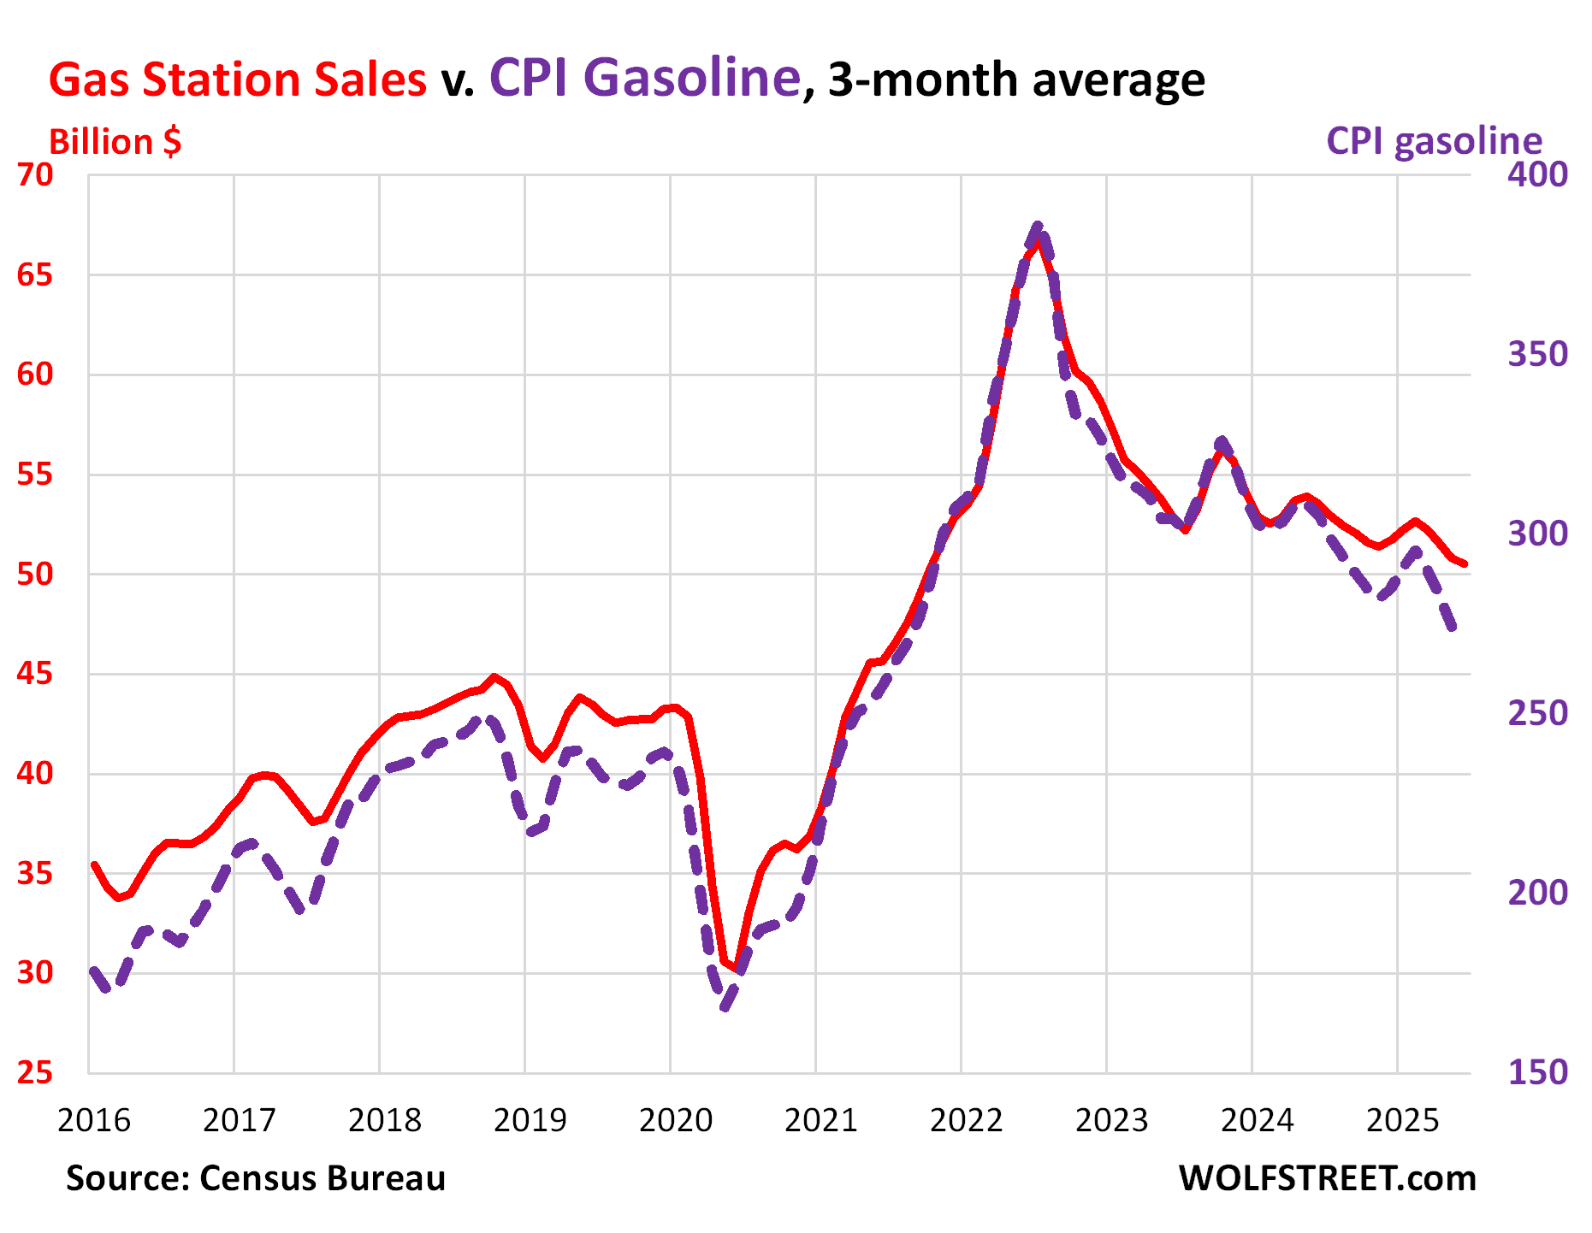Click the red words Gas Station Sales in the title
click(x=237, y=80)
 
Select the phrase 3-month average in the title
click(x=1016, y=80)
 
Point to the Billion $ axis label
click(x=115, y=142)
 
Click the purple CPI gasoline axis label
click(x=1434, y=141)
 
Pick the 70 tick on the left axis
click(x=35, y=175)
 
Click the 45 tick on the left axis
click(x=35, y=674)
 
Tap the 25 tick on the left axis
click(x=35, y=1072)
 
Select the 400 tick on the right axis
click(x=1537, y=175)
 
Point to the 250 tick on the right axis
click(x=1537, y=713)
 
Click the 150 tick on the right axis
click(x=1537, y=1072)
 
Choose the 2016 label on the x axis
click(x=94, y=1120)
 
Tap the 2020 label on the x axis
click(x=676, y=1120)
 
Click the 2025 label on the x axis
click(x=1403, y=1120)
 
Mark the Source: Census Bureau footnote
click(x=256, y=1178)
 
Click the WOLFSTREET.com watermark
click(x=1327, y=1178)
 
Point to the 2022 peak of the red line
click(x=1038, y=242)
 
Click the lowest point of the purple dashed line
click(x=725, y=1007)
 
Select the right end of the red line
click(x=1465, y=563)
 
